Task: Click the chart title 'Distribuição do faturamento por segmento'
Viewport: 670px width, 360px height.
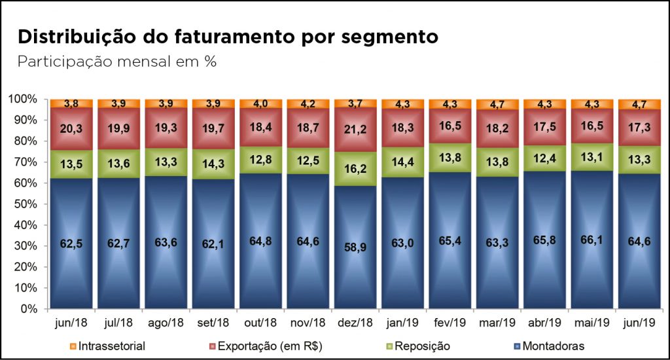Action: pos(228,37)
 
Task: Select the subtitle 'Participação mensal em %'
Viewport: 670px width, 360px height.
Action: pos(117,62)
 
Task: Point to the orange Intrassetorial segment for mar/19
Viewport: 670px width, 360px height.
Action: pos(497,104)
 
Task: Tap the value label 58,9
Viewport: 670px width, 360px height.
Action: pos(355,249)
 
